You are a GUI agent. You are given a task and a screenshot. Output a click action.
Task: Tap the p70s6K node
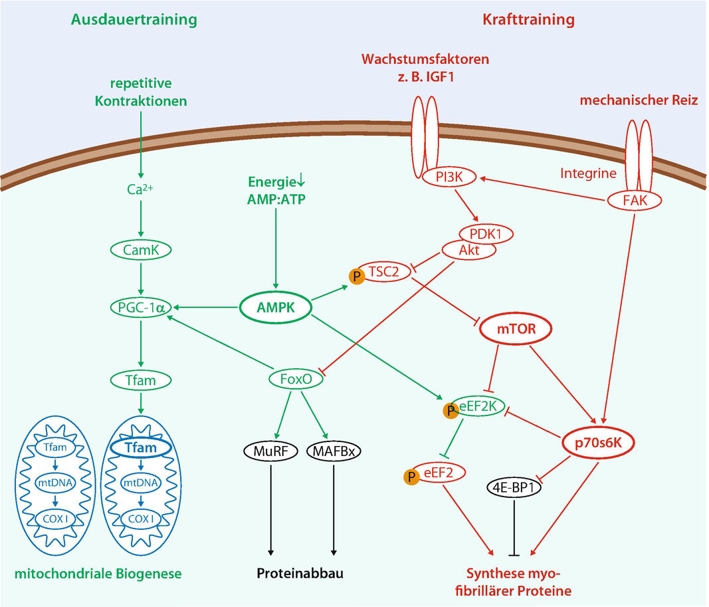pyautogui.click(x=594, y=441)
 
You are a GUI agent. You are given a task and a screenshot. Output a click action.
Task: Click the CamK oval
pyautogui.click(x=141, y=250)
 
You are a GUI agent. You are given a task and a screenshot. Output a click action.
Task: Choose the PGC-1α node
pyautogui.click(x=141, y=308)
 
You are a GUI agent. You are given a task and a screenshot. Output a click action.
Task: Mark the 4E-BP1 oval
pyautogui.click(x=514, y=487)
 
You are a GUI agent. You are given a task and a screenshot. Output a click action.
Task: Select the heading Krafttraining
pyautogui.click(x=528, y=19)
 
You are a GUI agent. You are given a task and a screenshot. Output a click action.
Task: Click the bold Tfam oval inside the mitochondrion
pyautogui.click(x=140, y=447)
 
